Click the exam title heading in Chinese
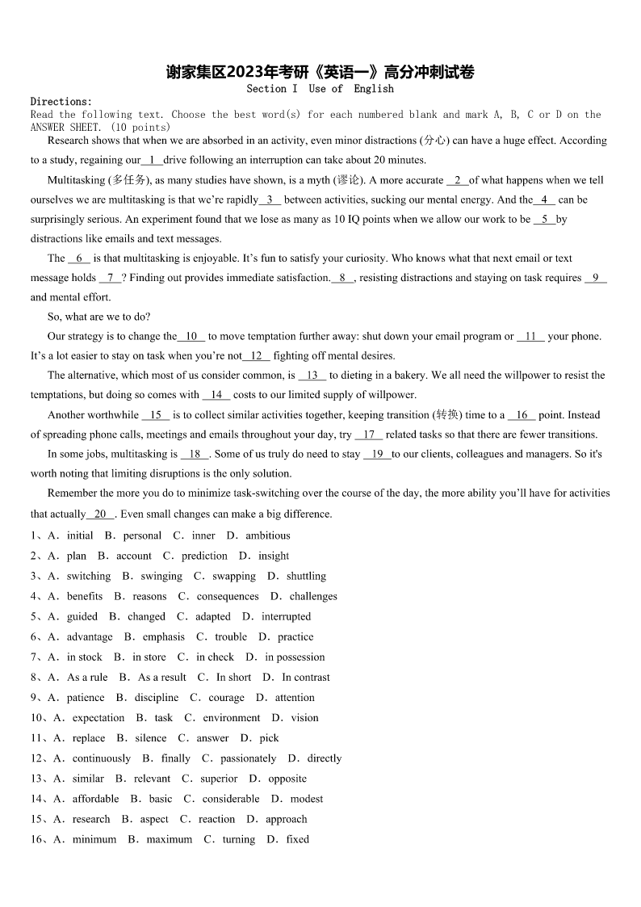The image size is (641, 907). click(x=320, y=72)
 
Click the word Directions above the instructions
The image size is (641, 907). click(x=61, y=102)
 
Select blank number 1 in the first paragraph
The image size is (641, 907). click(x=152, y=160)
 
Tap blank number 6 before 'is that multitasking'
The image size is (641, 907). click(x=78, y=258)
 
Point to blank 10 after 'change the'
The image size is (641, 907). click(x=191, y=336)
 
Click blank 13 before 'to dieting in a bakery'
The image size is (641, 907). click(x=312, y=376)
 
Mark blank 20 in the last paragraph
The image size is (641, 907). click(x=100, y=514)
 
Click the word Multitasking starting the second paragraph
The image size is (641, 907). click(x=76, y=180)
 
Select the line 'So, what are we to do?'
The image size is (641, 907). click(x=99, y=317)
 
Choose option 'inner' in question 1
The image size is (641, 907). click(x=203, y=535)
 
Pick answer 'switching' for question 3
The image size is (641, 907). click(x=89, y=576)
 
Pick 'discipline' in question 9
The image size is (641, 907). click(x=157, y=697)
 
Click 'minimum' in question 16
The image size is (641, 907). click(x=94, y=839)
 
